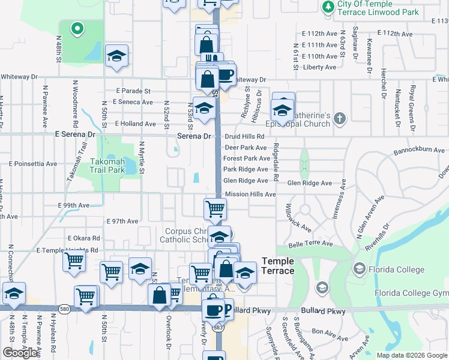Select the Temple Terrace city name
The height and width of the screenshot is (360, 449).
point(278,266)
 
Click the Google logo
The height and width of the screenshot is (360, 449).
point(20,353)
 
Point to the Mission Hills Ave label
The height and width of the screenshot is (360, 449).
point(250,194)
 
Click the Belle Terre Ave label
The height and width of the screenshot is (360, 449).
point(310,244)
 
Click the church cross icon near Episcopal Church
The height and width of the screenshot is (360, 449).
point(340,118)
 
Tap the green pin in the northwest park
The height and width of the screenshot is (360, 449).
point(77,28)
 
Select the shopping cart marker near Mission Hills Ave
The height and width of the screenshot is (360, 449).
point(215,209)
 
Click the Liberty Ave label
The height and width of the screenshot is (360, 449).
point(320,67)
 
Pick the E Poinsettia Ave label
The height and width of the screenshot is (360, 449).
point(33,163)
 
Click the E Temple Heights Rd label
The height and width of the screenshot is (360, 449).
point(67,250)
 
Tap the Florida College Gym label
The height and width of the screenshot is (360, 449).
point(411,293)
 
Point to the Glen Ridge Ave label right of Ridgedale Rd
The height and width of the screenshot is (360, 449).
point(310,183)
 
